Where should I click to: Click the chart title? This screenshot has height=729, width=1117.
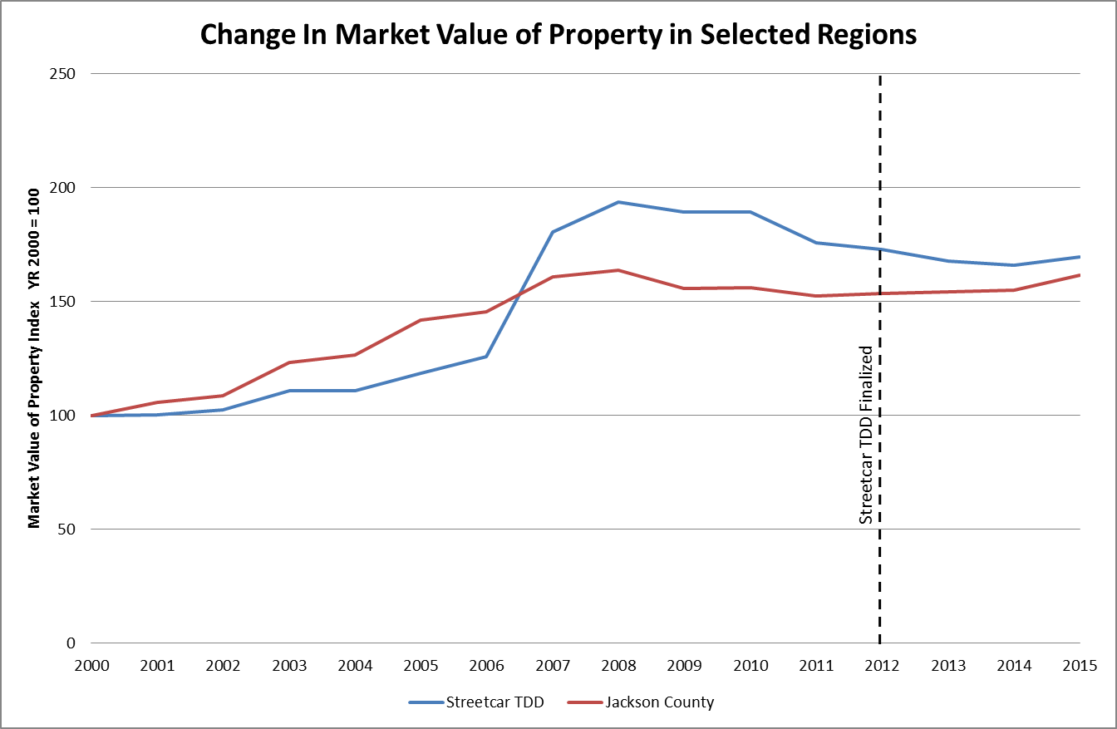(x=558, y=34)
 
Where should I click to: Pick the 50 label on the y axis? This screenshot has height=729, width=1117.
(x=68, y=529)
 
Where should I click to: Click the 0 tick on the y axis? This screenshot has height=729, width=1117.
(x=71, y=643)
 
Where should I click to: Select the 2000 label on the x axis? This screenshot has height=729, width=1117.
(x=91, y=666)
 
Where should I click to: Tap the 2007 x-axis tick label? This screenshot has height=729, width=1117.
(x=552, y=666)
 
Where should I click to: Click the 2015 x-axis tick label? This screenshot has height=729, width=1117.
(x=1080, y=666)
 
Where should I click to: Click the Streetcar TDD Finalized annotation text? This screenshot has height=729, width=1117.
(x=866, y=434)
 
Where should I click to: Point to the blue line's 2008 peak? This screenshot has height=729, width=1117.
(x=618, y=202)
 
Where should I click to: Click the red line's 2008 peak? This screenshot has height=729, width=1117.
(x=618, y=270)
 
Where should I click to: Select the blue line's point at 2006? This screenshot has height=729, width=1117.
(x=486, y=357)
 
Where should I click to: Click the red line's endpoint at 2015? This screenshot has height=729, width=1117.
(x=1080, y=275)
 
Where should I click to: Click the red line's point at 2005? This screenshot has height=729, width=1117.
(x=421, y=320)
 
